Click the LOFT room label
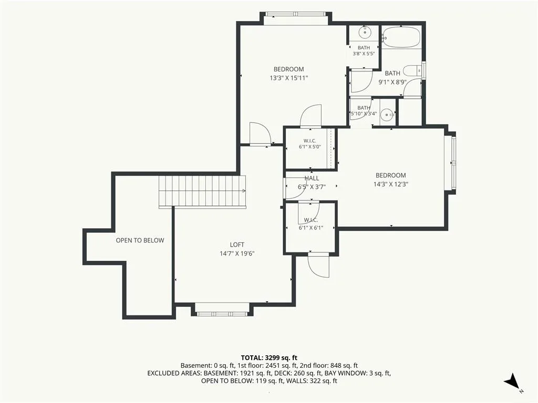tap(237, 245)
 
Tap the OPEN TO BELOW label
tap(140, 240)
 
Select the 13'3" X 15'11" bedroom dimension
tap(288, 78)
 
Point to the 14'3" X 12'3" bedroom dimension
tap(391, 184)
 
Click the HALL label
tap(312, 178)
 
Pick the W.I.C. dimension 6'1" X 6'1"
tap(311, 228)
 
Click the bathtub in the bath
tap(401, 37)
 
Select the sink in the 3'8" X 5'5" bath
tap(365, 33)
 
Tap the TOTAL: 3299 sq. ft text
tap(269, 358)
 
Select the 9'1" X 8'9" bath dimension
tap(392, 82)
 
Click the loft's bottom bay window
tap(222, 314)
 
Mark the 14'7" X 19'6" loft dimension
tap(237, 254)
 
